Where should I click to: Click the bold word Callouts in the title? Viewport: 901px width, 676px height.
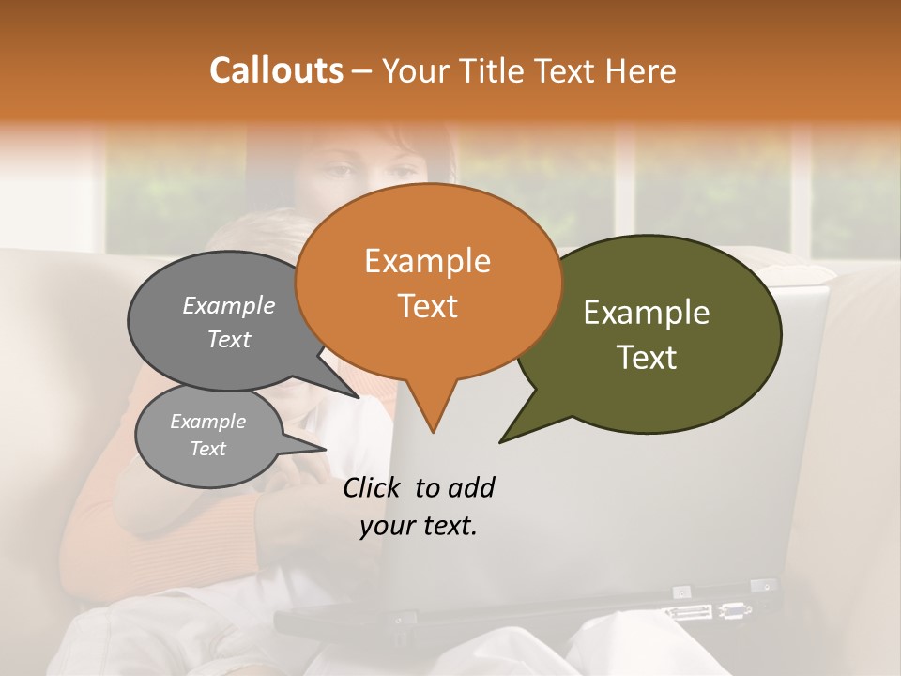[x=276, y=70]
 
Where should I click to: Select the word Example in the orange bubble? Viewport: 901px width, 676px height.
[x=427, y=261]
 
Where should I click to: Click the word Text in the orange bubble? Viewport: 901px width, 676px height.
[x=427, y=305]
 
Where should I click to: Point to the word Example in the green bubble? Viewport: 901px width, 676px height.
[x=647, y=313]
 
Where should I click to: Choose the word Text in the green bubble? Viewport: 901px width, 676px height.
[x=647, y=358]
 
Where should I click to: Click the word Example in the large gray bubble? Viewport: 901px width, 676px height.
[x=228, y=305]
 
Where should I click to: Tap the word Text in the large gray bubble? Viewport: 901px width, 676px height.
[x=228, y=339]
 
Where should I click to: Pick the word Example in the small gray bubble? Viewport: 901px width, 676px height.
[x=207, y=422]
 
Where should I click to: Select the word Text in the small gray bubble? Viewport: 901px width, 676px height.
[x=207, y=449]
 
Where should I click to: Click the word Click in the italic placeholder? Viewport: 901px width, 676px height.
[x=373, y=487]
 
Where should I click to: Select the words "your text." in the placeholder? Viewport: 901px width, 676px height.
[x=418, y=527]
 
